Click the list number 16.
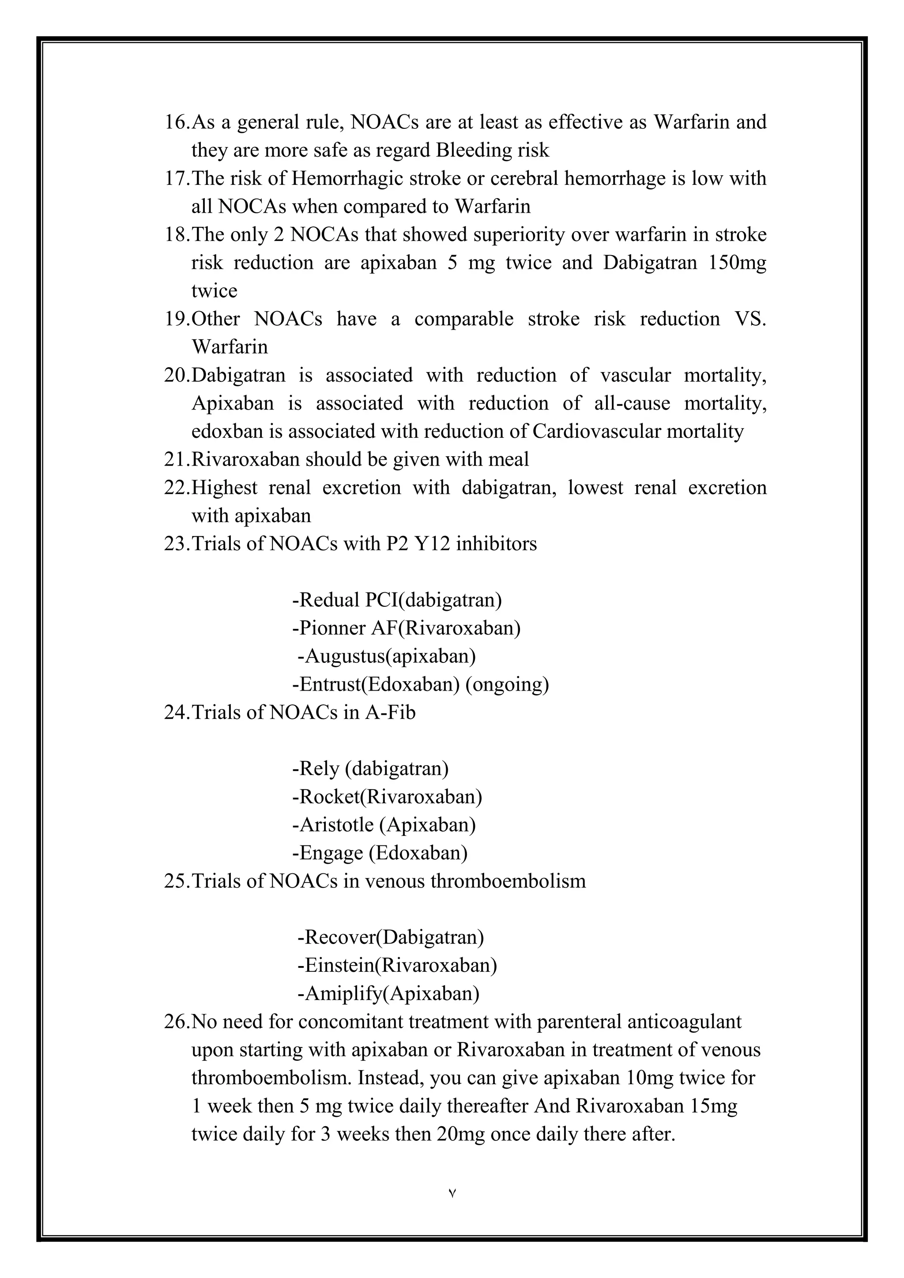point(177,122)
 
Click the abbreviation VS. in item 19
point(750,319)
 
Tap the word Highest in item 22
point(224,488)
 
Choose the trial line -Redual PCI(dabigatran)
point(397,600)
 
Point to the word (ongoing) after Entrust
point(507,684)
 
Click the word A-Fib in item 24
point(390,712)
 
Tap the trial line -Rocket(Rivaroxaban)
point(387,797)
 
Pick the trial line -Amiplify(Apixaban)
point(388,993)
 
